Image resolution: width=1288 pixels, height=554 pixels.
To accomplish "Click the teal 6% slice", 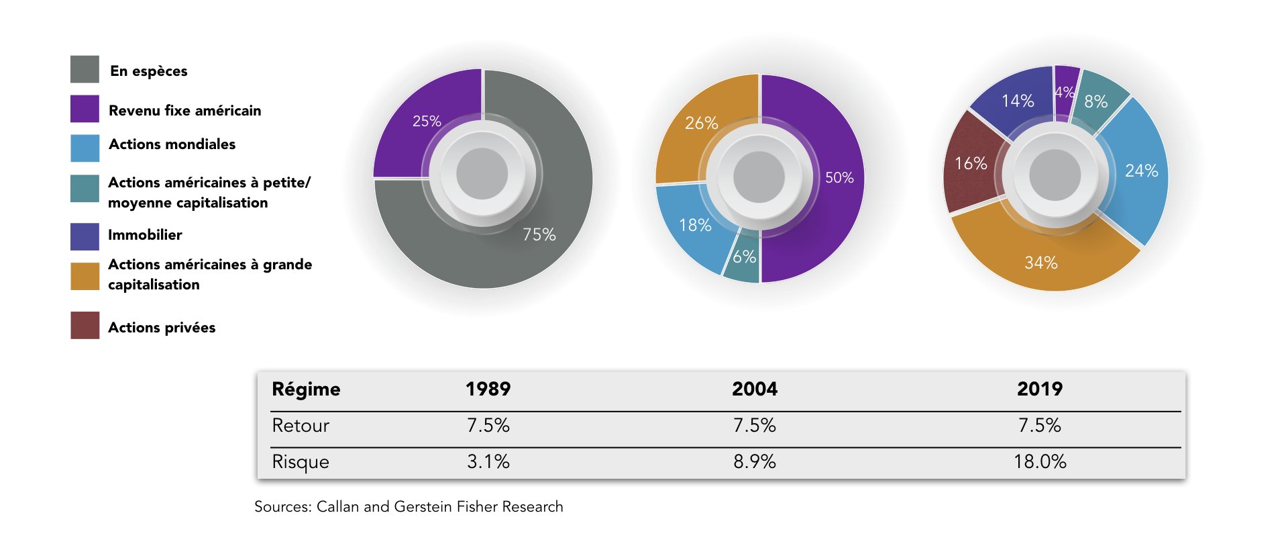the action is pos(743,259).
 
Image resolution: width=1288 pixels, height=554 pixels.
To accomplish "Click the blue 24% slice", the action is pos(1137,171).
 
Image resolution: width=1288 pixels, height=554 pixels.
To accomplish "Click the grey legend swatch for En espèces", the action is pos(85,69).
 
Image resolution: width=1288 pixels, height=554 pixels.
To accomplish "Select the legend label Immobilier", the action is pos(145,235).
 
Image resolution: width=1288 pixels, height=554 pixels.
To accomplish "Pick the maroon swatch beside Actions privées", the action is pos(85,325).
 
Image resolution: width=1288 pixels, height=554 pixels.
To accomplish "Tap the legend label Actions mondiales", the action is pos(172,144).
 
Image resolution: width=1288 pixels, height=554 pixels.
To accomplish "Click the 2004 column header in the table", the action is pos(755,389).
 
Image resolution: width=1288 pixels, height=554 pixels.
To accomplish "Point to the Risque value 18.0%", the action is pos(1040,461).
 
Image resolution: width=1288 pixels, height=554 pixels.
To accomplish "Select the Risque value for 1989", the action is pos(488,461).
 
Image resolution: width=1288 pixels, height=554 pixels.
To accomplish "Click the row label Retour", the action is pos(301,425).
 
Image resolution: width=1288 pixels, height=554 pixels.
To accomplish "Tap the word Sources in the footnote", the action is pos(282,506).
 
